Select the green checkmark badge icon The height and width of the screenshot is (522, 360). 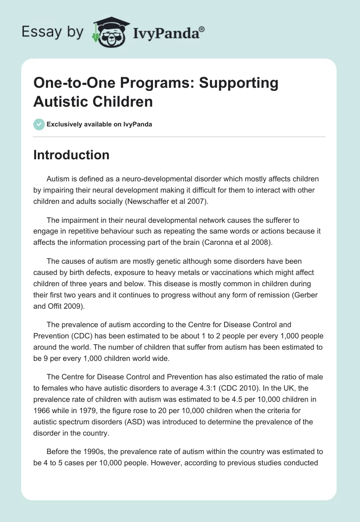coord(39,124)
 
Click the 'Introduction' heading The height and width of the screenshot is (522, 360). coord(72,155)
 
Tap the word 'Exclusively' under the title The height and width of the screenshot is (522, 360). coord(63,124)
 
